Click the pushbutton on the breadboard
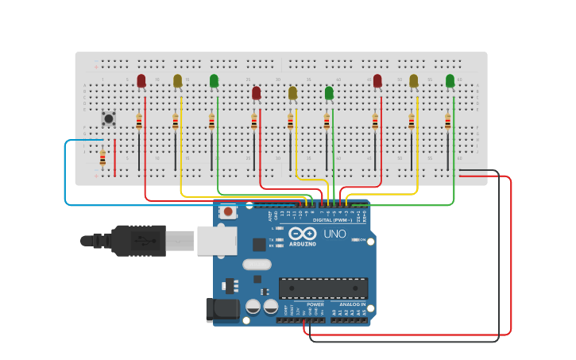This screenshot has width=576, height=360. [109, 118]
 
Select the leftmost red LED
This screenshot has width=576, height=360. [141, 81]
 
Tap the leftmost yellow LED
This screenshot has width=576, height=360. [177, 81]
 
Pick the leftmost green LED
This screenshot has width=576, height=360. [214, 81]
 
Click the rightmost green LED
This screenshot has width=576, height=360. [450, 81]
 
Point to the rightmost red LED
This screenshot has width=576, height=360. [377, 81]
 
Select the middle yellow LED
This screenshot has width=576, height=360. [292, 93]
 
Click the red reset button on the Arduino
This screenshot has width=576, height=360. [229, 211]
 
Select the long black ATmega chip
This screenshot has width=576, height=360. [323, 288]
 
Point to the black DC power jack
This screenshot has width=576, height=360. [222, 310]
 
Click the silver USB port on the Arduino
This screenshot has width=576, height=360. [217, 240]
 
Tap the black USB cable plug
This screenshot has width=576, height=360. [138, 240]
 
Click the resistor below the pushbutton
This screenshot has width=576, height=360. [102, 158]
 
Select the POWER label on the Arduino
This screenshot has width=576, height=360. [315, 304]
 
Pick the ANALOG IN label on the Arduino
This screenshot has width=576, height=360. [353, 304]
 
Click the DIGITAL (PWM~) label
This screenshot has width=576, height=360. [333, 220]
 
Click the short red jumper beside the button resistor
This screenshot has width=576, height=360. [115, 157]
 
